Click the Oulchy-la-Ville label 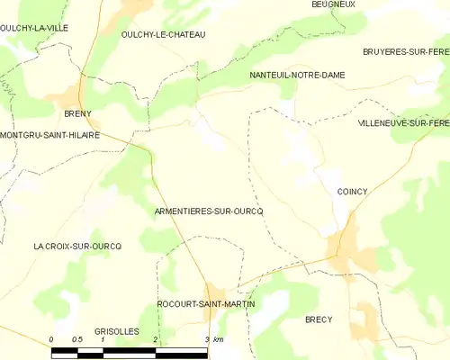[x=35, y=28]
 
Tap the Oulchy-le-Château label [x=163, y=34]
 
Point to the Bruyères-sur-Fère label [x=406, y=52]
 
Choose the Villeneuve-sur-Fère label [x=402, y=121]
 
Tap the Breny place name [x=78, y=114]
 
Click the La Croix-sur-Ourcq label [x=77, y=246]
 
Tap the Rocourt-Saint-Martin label [x=206, y=304]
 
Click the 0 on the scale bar [x=51, y=339]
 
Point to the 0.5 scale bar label [x=76, y=339]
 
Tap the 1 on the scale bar [x=103, y=339]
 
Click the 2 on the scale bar [x=156, y=339]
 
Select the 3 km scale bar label [x=213, y=339]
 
